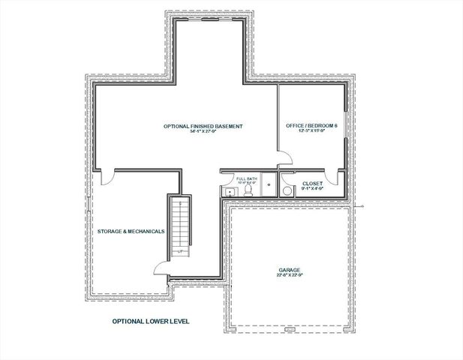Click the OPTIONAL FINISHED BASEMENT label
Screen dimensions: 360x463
(203, 126)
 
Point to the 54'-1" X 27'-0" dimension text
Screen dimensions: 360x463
(203, 133)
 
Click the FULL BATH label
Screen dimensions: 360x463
(246, 178)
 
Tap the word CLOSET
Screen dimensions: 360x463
(312, 183)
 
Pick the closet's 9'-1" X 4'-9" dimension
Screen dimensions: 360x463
(312, 190)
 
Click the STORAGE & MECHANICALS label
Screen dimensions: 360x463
(131, 231)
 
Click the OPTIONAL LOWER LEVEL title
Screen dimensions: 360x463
(151, 321)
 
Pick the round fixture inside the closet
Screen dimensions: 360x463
(287, 190)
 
